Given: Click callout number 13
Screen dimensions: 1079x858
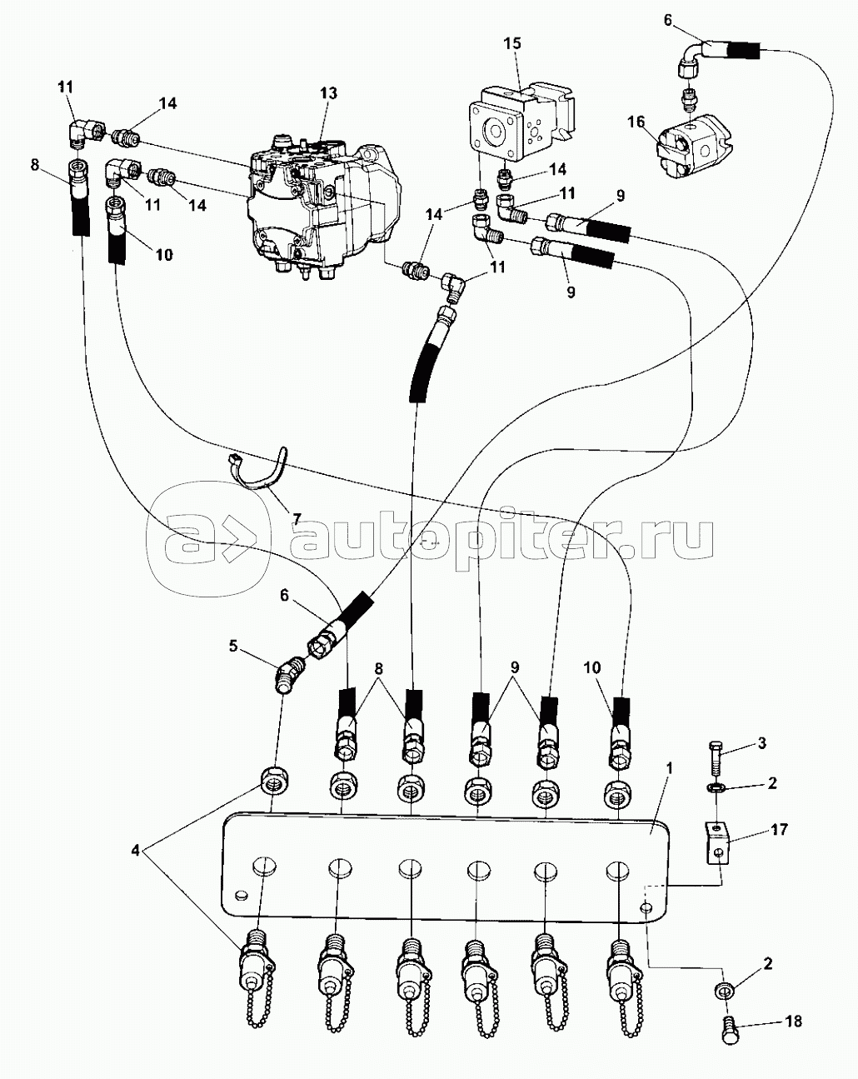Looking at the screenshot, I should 328,93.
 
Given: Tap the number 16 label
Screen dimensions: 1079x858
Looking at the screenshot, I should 636,123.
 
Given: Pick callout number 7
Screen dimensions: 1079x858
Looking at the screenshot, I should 296,519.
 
